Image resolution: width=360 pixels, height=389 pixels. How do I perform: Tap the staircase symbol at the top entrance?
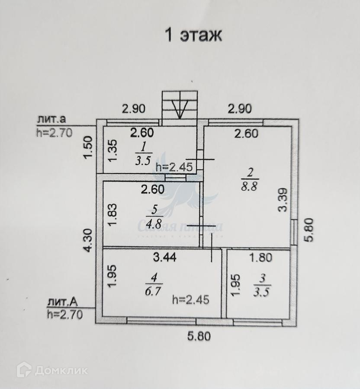(x=180, y=106)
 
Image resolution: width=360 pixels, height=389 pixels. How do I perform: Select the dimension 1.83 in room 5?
(x=112, y=213)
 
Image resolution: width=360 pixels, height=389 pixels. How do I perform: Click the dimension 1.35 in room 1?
(x=112, y=151)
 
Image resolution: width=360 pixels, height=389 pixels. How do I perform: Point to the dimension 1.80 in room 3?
(x=261, y=258)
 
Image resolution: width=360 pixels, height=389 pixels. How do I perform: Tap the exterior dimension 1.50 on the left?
(x=88, y=147)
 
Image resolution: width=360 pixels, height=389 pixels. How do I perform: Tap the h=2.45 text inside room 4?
(x=190, y=299)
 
